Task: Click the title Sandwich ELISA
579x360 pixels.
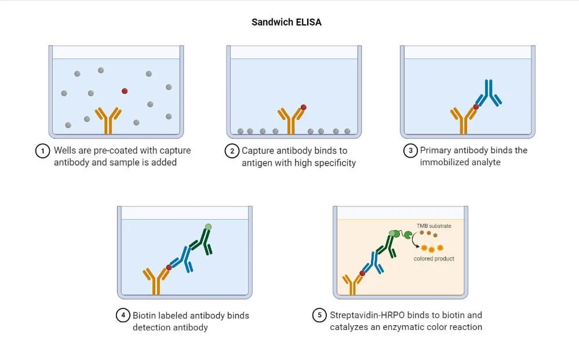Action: coord(286,22)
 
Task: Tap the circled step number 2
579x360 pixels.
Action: coord(232,151)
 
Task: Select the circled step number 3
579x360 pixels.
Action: coord(410,151)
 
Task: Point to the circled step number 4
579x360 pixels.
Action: coord(122,316)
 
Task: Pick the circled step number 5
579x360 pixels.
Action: coord(319,316)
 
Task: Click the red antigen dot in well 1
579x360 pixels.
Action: coord(125,91)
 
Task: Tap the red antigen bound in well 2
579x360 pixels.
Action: coord(303,107)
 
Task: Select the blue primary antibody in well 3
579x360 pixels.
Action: coord(490,93)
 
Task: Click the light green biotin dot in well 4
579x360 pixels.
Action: coord(208,227)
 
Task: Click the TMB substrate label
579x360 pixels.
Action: coord(434,226)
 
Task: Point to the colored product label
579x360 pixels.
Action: coord(434,259)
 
